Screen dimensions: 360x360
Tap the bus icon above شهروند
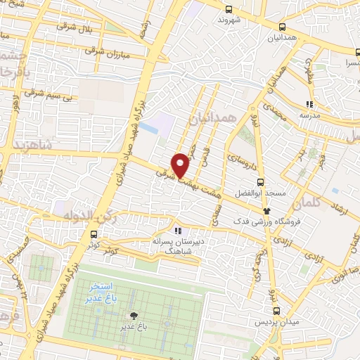click(x=229, y=9)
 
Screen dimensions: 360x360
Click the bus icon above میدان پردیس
click(x=276, y=309)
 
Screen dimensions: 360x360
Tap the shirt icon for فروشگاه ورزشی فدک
click(x=266, y=210)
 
